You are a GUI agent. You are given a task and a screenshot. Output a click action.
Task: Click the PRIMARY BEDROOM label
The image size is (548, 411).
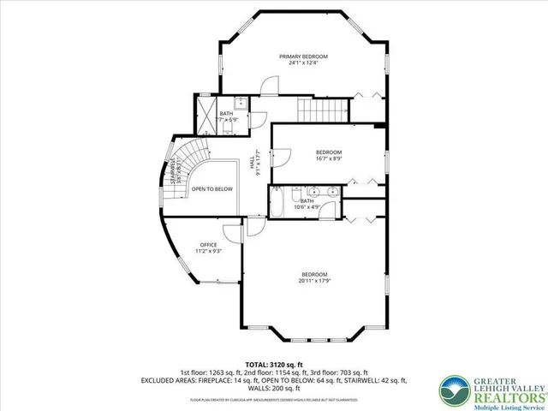coord(303,57)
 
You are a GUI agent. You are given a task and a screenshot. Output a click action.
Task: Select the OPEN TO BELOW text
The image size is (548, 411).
coord(211,188)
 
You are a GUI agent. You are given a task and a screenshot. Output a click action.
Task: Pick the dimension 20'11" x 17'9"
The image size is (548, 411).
coord(314,281)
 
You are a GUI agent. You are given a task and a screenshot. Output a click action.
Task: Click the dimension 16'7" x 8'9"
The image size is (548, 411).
coord(329,158)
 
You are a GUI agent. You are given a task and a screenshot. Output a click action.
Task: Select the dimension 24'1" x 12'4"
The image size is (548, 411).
coord(303,63)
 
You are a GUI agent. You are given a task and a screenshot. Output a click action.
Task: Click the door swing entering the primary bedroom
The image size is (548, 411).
coord(269,86)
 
